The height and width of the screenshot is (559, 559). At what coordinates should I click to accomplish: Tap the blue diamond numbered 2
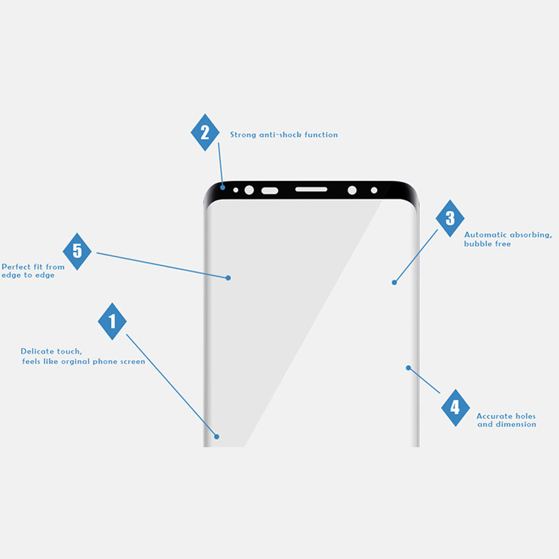click(x=205, y=133)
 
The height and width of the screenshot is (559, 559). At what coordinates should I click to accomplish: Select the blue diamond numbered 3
click(x=450, y=218)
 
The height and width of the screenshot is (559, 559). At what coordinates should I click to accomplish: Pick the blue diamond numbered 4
click(x=455, y=408)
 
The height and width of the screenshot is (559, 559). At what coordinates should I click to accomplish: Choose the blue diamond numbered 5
click(x=77, y=252)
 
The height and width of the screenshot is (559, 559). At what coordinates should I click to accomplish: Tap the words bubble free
click(x=487, y=244)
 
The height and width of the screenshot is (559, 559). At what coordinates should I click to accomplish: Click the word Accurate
click(x=494, y=416)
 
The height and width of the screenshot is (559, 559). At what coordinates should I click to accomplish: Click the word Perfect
click(x=16, y=267)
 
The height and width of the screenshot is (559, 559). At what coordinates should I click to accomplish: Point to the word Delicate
click(x=37, y=351)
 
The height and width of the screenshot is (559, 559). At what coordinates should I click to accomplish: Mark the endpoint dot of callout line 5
click(x=228, y=278)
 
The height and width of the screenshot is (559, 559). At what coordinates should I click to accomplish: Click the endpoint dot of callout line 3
click(x=394, y=282)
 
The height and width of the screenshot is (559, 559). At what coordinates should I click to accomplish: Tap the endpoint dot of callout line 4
click(x=409, y=368)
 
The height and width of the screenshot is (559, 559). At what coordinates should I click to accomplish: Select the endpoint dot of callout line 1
click(x=216, y=436)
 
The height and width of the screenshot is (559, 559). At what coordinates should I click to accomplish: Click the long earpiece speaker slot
click(x=312, y=190)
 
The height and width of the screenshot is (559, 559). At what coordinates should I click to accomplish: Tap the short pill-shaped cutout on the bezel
click(x=270, y=190)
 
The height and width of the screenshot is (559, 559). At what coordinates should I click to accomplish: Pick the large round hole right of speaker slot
click(x=352, y=190)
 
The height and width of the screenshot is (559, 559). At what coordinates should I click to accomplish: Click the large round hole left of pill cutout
click(x=249, y=190)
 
